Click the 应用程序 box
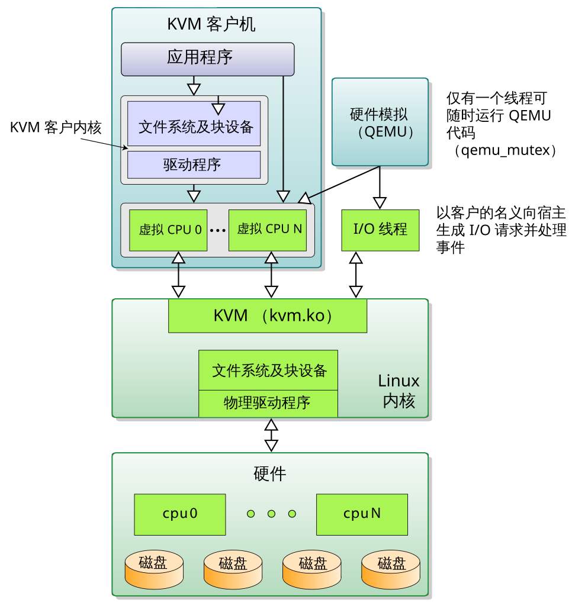coord(208,59)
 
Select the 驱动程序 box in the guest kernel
coord(194,165)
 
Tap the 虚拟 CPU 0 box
coord(168,230)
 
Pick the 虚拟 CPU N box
coord(268,230)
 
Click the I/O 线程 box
coord(380,230)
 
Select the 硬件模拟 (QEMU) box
coord(380,122)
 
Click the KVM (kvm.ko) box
coord(268,316)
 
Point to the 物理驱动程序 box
coord(268,404)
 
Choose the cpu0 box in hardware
coord(180,514)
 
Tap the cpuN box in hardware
coord(362,514)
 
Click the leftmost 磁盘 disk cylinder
coord(154,570)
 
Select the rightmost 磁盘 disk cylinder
coord(391,570)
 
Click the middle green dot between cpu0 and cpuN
coord(272,514)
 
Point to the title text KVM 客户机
coord(211,24)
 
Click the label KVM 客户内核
coord(56,128)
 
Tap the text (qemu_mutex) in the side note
coord(505,150)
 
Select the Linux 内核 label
coord(399,391)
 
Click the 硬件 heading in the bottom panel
coord(270,473)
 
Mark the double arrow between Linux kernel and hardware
coord(271,435)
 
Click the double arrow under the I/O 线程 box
coord(356,275)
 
